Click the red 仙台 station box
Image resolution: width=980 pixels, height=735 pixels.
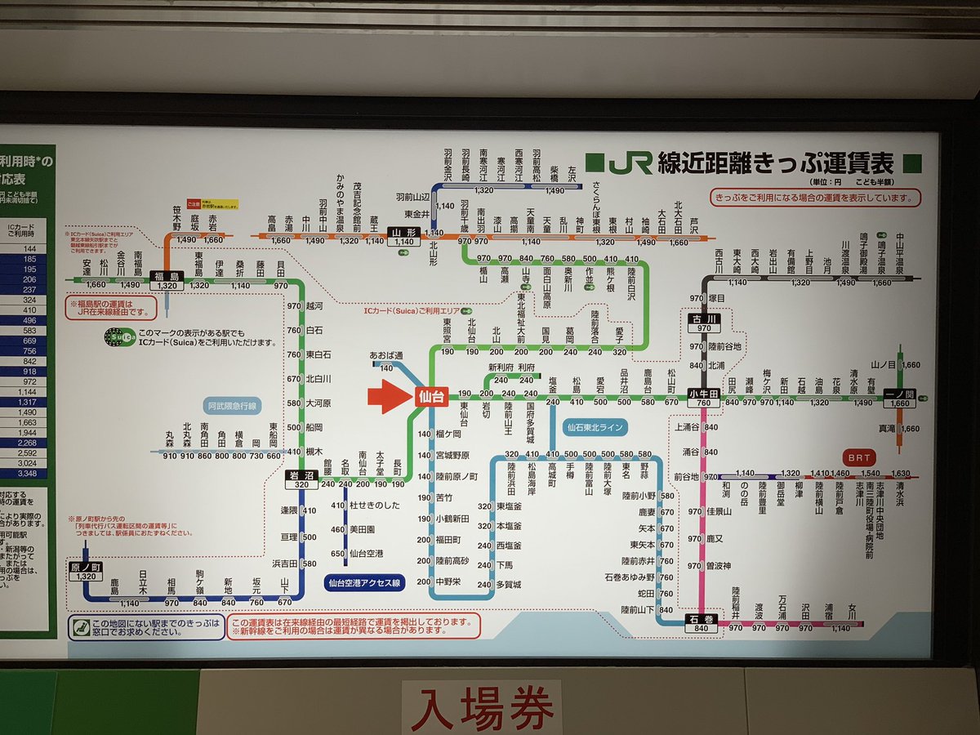click(x=431, y=397)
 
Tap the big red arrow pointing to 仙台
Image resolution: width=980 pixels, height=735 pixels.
click(x=390, y=397)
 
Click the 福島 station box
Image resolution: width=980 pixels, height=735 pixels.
click(x=166, y=281)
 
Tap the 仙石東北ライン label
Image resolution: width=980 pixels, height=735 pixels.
click(x=596, y=426)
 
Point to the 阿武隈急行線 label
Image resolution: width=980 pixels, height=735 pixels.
click(x=233, y=405)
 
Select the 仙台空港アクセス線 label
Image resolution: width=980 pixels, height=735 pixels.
click(x=364, y=582)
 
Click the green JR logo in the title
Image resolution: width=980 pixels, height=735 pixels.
click(x=630, y=163)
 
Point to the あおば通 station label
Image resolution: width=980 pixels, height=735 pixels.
click(x=387, y=357)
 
